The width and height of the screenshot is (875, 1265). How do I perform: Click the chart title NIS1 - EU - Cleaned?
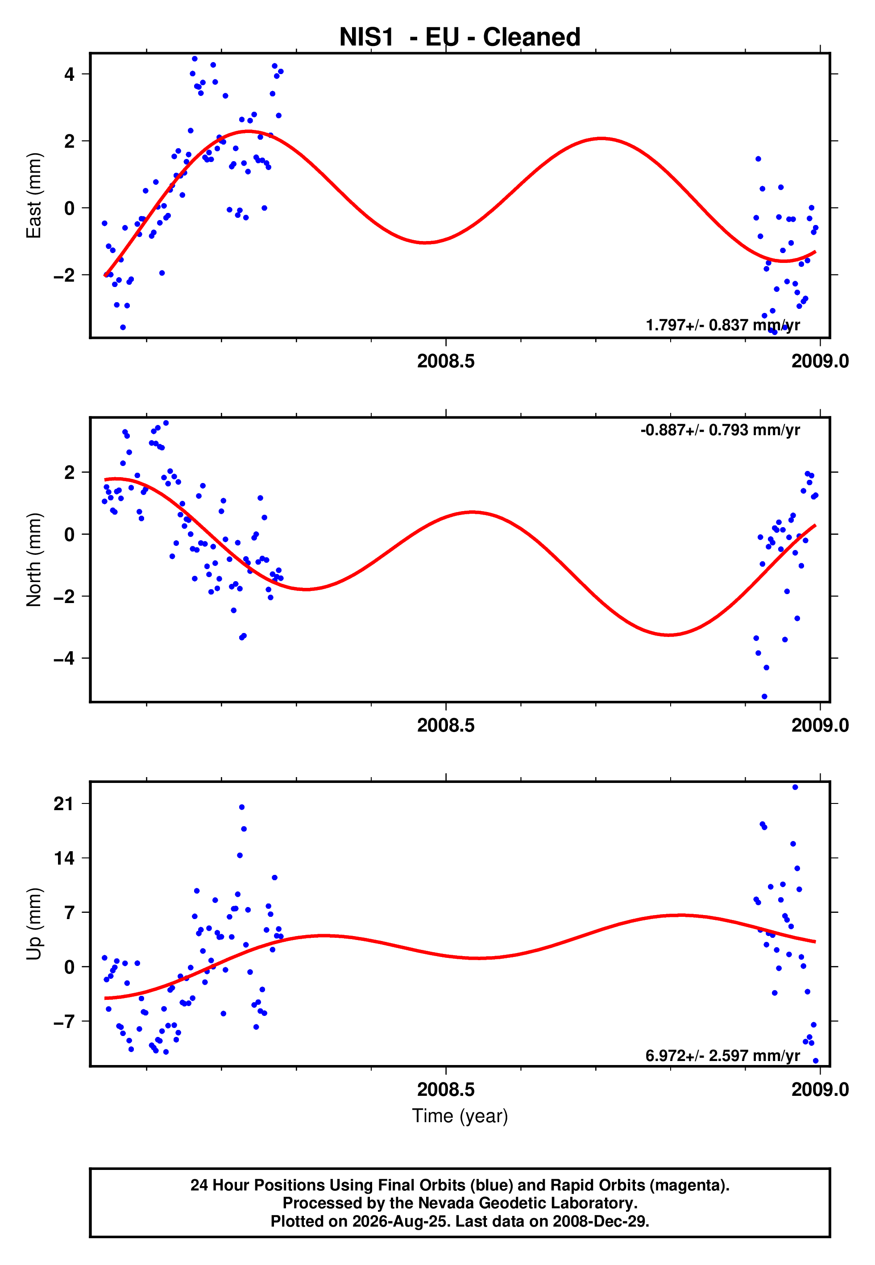[x=460, y=37]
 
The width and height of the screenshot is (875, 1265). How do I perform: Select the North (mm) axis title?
[x=34, y=559]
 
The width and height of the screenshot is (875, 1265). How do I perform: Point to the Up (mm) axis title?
[x=34, y=924]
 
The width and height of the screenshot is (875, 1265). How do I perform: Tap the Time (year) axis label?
[x=460, y=1116]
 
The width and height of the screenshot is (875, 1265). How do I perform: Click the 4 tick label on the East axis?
[x=69, y=74]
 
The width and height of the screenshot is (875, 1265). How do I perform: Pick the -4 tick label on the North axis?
[x=64, y=658]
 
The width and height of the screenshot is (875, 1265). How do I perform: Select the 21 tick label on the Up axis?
[x=64, y=804]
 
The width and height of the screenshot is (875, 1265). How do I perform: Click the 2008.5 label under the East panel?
[x=446, y=361]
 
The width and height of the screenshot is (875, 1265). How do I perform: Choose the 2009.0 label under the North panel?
[x=820, y=725]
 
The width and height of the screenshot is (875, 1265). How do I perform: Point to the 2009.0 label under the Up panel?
[x=820, y=1089]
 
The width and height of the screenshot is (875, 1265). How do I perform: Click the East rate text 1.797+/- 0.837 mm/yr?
[x=722, y=325]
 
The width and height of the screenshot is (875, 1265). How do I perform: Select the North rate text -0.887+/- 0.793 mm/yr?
[x=720, y=430]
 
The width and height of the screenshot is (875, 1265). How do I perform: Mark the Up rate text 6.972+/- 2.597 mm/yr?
[x=722, y=1056]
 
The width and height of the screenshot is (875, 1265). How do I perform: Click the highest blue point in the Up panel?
[x=795, y=787]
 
